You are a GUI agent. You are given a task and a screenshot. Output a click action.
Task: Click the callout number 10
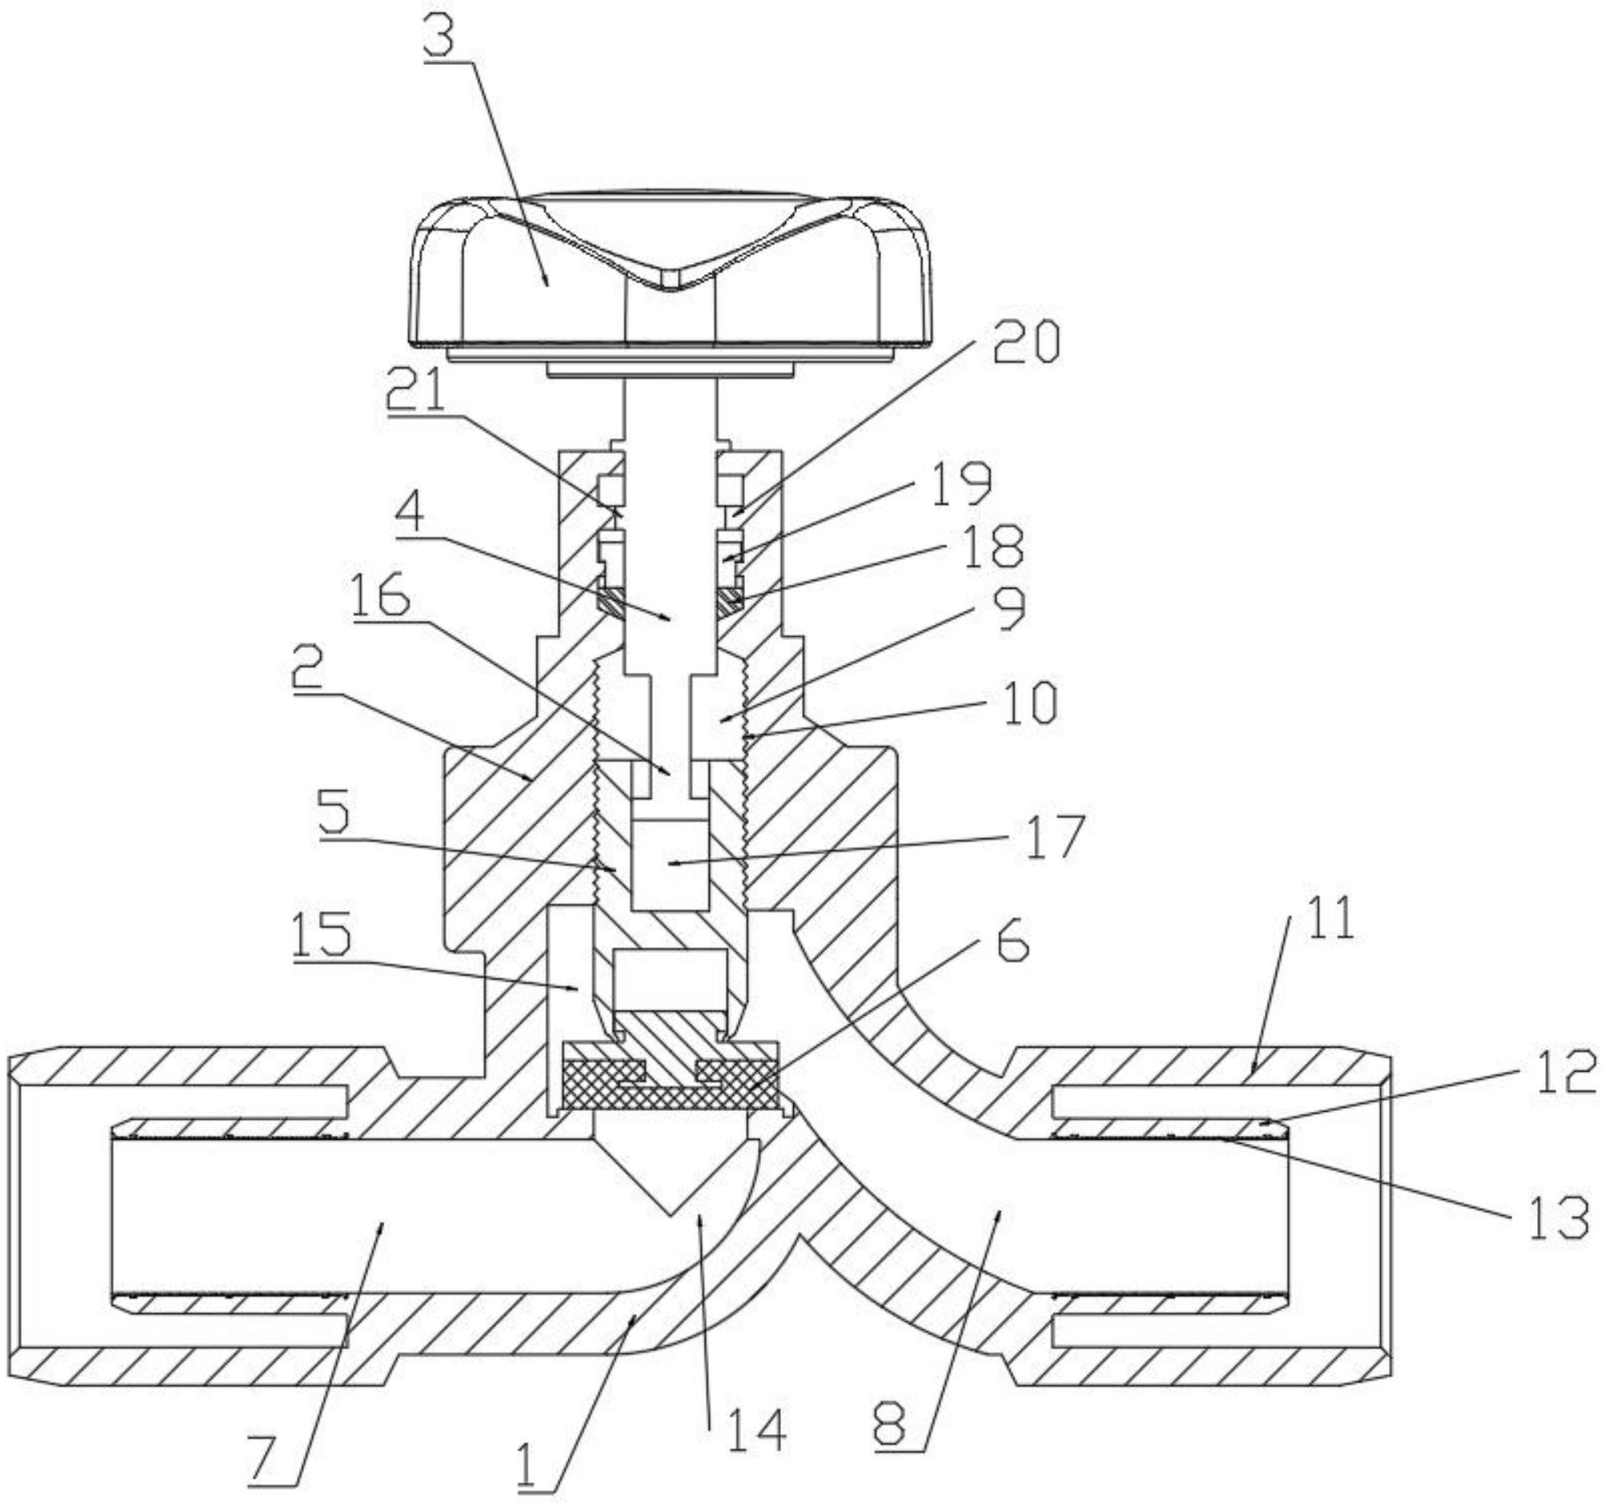coord(1027,702)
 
